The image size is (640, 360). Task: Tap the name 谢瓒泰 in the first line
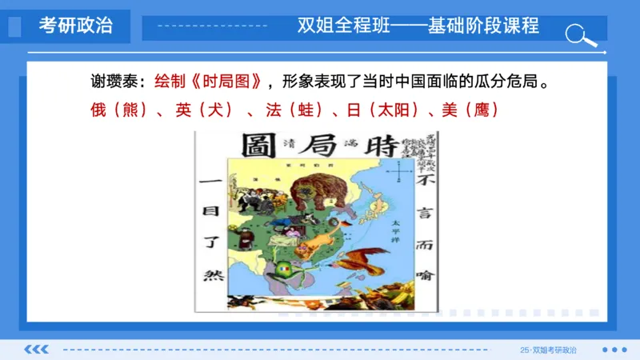tap(113, 82)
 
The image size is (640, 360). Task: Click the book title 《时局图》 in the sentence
tap(227, 82)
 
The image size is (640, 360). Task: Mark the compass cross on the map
tap(398, 171)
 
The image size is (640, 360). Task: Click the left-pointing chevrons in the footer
tap(37, 350)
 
